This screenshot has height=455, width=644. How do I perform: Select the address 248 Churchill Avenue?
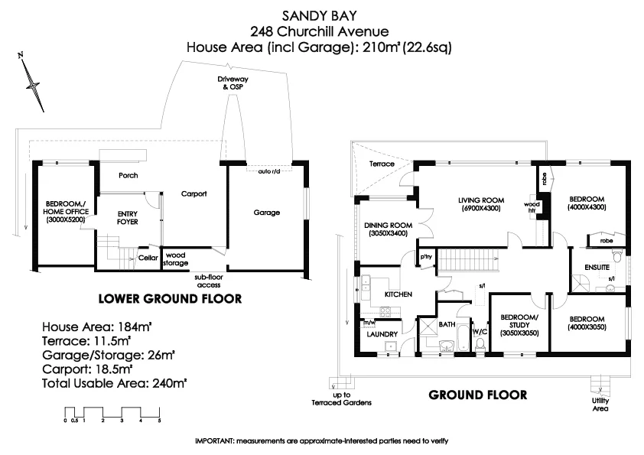pyautogui.click(x=321, y=31)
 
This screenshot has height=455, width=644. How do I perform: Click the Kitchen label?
pyautogui.click(x=398, y=294)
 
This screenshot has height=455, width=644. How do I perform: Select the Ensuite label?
pyautogui.click(x=597, y=268)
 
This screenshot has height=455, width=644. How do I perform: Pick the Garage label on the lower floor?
pyautogui.click(x=266, y=213)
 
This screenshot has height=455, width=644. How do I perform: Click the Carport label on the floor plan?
pyautogui.click(x=194, y=194)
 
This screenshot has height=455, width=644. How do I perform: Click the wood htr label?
pyautogui.click(x=529, y=208)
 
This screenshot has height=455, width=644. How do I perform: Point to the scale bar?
pyautogui.click(x=112, y=415)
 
